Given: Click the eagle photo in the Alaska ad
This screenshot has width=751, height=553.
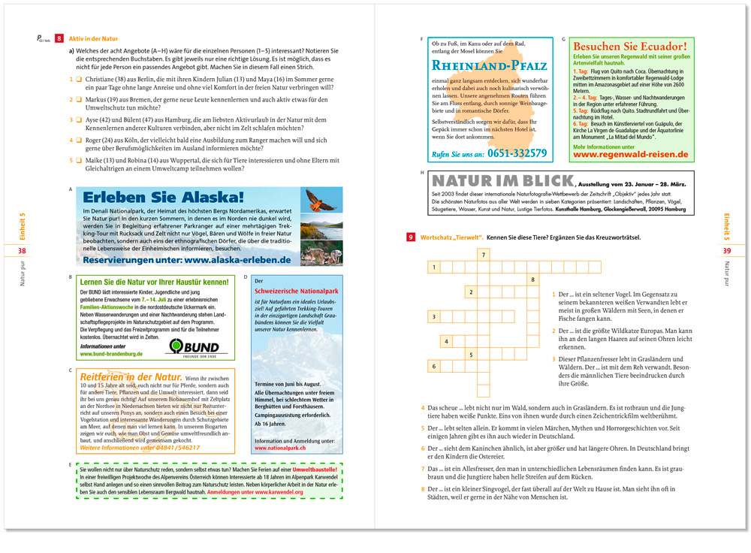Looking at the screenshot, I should (x=321, y=200).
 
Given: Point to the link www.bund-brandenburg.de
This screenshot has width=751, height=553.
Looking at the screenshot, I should (x=111, y=354).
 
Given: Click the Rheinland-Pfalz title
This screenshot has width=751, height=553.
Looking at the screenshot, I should (x=485, y=66).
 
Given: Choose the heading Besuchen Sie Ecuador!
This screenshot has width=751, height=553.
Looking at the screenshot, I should (x=629, y=47).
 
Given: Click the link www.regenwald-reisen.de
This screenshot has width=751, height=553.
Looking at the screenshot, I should (x=631, y=154).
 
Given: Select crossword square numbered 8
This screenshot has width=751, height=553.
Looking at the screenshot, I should (x=532, y=280).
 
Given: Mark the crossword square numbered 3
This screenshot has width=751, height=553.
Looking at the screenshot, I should (x=435, y=317).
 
